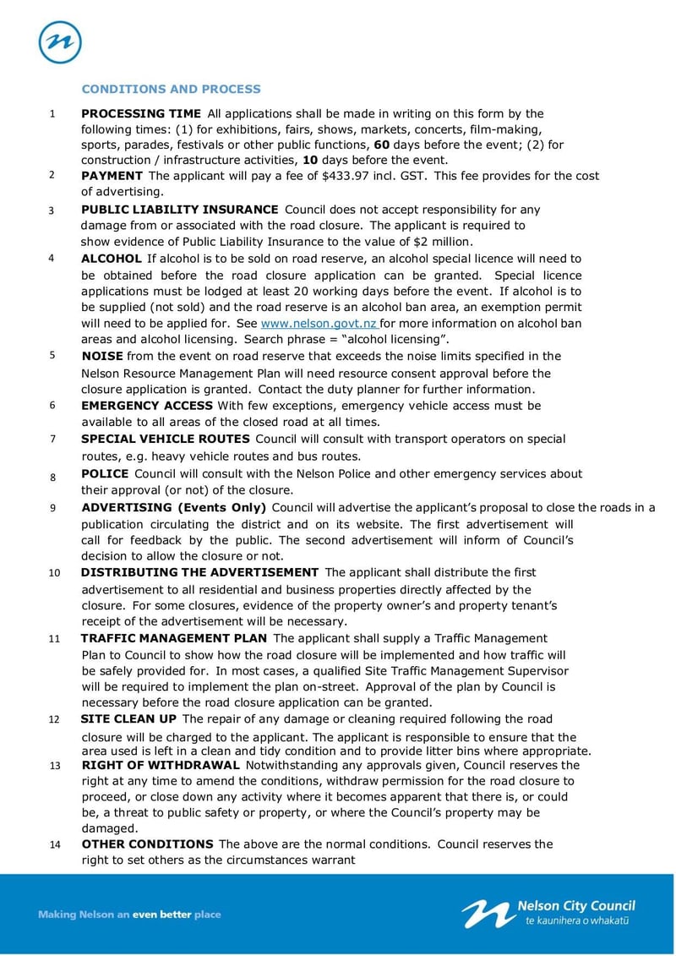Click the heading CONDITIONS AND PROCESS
pos(171,89)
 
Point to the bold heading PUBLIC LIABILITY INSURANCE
pos(179,210)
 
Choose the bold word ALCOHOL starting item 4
pos(112,259)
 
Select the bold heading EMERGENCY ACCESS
pos(147,406)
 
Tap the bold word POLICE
pos(105,474)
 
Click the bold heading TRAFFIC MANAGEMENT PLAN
pos(174,638)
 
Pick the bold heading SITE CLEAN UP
pos(128,718)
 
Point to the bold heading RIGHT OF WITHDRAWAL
pos(161,765)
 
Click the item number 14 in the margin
pos(54,844)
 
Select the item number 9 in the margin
pos(52,508)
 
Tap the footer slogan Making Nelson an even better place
pos(129,915)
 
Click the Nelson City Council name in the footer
pos(575,906)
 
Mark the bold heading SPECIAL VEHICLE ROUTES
pos(166,439)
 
